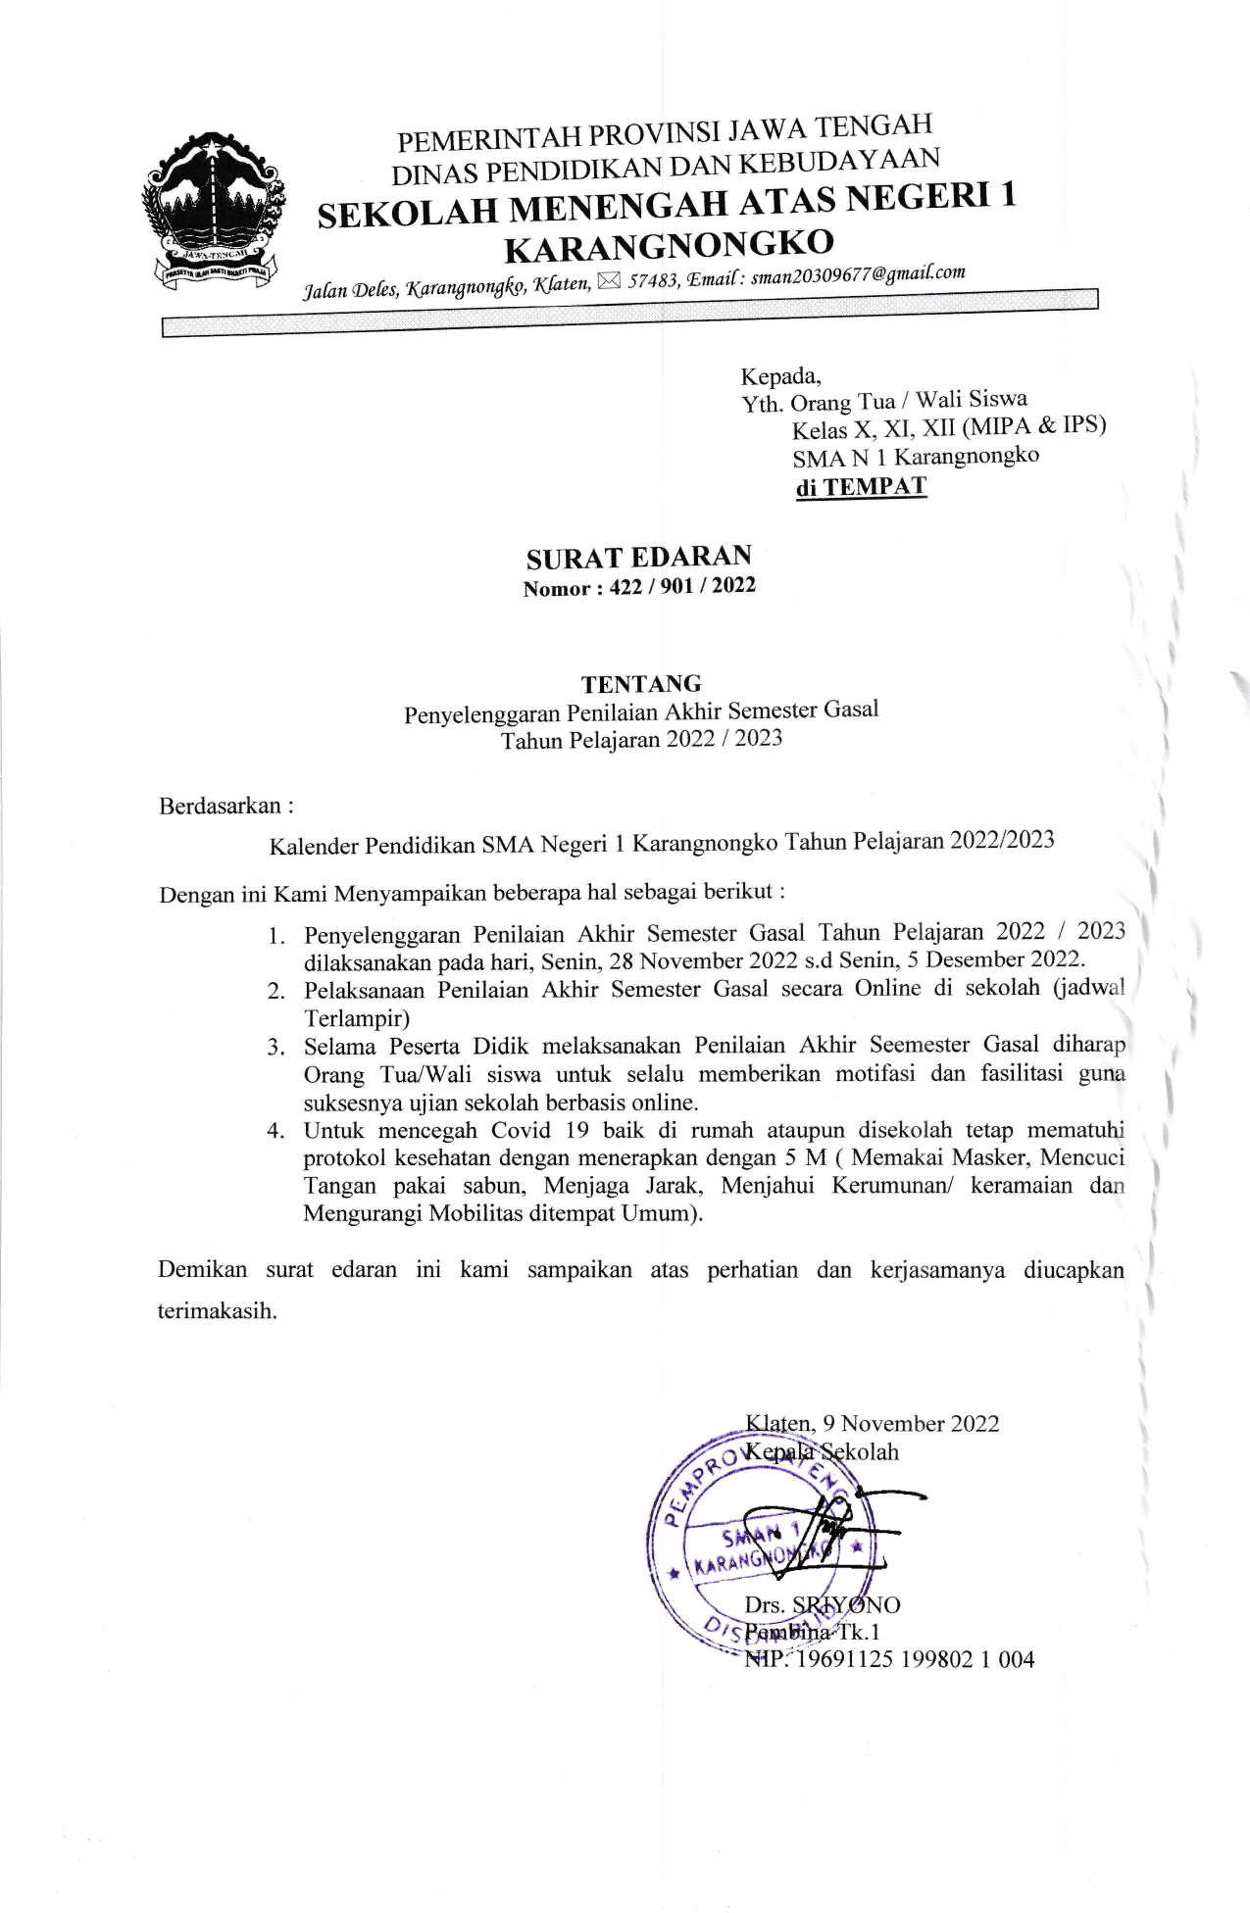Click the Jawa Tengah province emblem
coord(215,211)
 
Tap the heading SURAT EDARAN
coord(638,558)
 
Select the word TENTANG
coord(640,683)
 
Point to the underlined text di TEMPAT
coord(860,487)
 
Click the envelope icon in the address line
coord(608,283)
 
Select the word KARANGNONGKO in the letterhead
coord(669,245)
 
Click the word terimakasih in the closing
coord(217,1311)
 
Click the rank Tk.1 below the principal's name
coord(858,1632)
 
